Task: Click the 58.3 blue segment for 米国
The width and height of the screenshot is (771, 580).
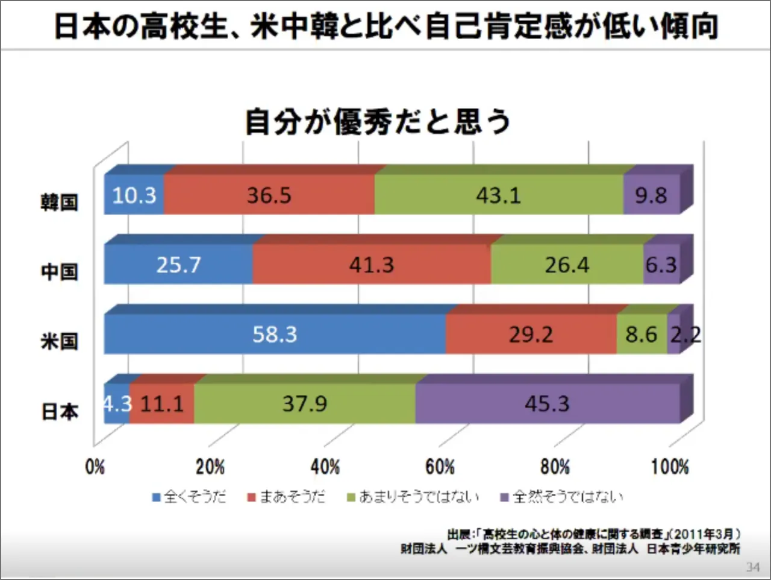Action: (x=275, y=334)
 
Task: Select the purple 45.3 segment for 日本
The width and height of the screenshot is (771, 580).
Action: (x=547, y=403)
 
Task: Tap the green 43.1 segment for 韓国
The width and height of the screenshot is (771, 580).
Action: (x=498, y=195)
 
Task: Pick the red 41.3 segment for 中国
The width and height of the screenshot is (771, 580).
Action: (x=371, y=265)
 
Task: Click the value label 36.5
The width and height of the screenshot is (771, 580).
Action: (x=269, y=195)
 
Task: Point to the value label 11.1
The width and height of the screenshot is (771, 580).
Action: (x=162, y=403)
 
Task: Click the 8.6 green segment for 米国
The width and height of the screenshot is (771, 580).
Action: (x=641, y=334)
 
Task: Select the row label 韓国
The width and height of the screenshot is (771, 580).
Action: (x=59, y=202)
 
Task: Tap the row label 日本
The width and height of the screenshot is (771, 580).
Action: (x=59, y=412)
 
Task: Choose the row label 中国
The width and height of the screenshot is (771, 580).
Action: (x=59, y=272)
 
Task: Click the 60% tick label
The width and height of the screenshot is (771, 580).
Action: (x=440, y=467)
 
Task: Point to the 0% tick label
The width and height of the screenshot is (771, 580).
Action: (x=95, y=467)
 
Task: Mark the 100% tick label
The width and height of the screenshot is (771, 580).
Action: (x=670, y=467)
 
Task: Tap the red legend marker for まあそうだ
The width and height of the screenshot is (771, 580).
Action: (x=252, y=497)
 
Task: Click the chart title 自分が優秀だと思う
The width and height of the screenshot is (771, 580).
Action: (x=378, y=121)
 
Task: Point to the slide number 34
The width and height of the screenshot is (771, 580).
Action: (x=752, y=567)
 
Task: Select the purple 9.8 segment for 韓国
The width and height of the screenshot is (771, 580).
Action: (x=651, y=195)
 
